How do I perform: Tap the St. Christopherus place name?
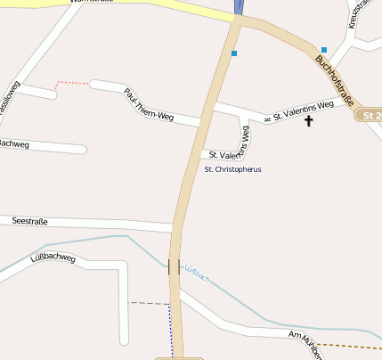(232, 169)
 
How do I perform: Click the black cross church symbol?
(309, 120)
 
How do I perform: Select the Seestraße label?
(29, 221)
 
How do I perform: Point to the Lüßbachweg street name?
(53, 258)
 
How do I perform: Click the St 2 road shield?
(370, 116)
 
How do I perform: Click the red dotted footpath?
(71, 84)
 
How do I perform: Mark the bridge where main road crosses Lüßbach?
(174, 266)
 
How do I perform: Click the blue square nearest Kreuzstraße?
(324, 50)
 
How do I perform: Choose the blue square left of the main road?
(234, 53)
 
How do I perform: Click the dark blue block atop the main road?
(240, 6)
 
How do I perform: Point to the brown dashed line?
(351, 345)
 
